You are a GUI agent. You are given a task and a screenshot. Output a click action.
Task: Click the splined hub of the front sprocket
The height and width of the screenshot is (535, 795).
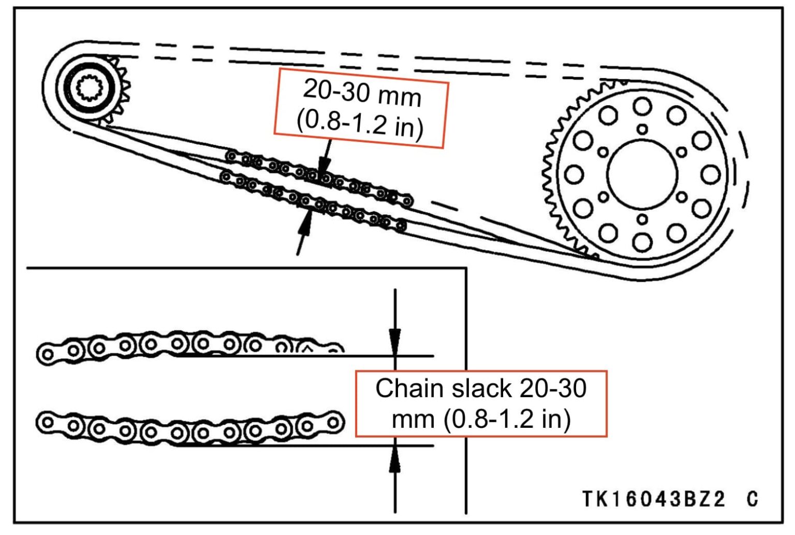[x=91, y=89]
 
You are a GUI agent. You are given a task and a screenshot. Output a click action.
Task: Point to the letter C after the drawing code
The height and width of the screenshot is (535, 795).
[x=753, y=499]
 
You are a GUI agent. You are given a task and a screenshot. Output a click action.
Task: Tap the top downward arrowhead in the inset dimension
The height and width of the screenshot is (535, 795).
[x=395, y=341]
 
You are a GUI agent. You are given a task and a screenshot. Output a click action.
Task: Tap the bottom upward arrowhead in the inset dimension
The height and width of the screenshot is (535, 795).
[x=395, y=459]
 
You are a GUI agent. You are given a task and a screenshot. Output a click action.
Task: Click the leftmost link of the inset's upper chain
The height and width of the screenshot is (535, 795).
[x=47, y=355]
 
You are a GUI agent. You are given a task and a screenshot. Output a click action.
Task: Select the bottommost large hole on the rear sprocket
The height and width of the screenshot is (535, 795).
[x=642, y=241]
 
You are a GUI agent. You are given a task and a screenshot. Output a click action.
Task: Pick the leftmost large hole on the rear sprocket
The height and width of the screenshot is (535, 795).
[x=574, y=175]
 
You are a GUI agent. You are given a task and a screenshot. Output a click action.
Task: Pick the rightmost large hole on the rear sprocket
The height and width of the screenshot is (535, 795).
[x=711, y=175]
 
